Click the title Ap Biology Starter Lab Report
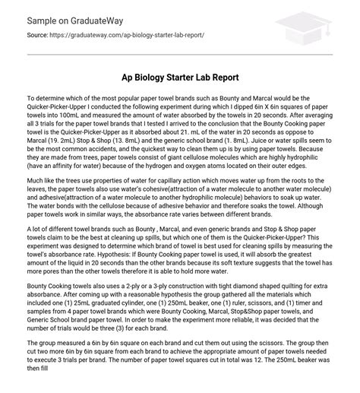click(180, 78)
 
